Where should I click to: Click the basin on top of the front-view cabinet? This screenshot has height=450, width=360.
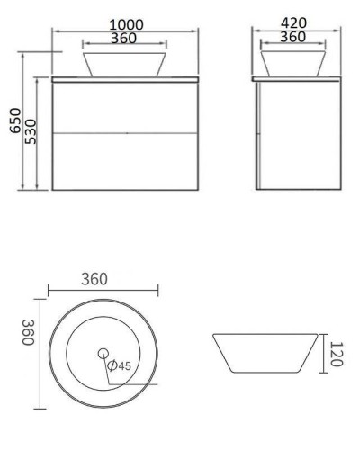click(125, 63)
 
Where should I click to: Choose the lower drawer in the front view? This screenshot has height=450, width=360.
click(126, 162)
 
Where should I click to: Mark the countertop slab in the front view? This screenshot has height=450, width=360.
click(126, 80)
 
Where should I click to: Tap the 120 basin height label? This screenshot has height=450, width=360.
click(335, 355)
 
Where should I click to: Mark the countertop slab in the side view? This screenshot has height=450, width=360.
click(298, 80)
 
